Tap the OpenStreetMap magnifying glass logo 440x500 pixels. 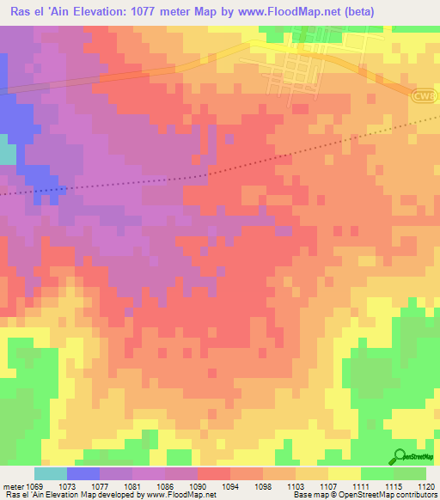pos(400,457)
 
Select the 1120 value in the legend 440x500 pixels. pos(426,486)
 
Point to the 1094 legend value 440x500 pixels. pos(230,486)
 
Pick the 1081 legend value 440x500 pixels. pos(132,486)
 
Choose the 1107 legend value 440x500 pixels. pos(328,486)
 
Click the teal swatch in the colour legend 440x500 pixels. pos(50,473)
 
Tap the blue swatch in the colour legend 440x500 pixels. pos(82,473)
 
